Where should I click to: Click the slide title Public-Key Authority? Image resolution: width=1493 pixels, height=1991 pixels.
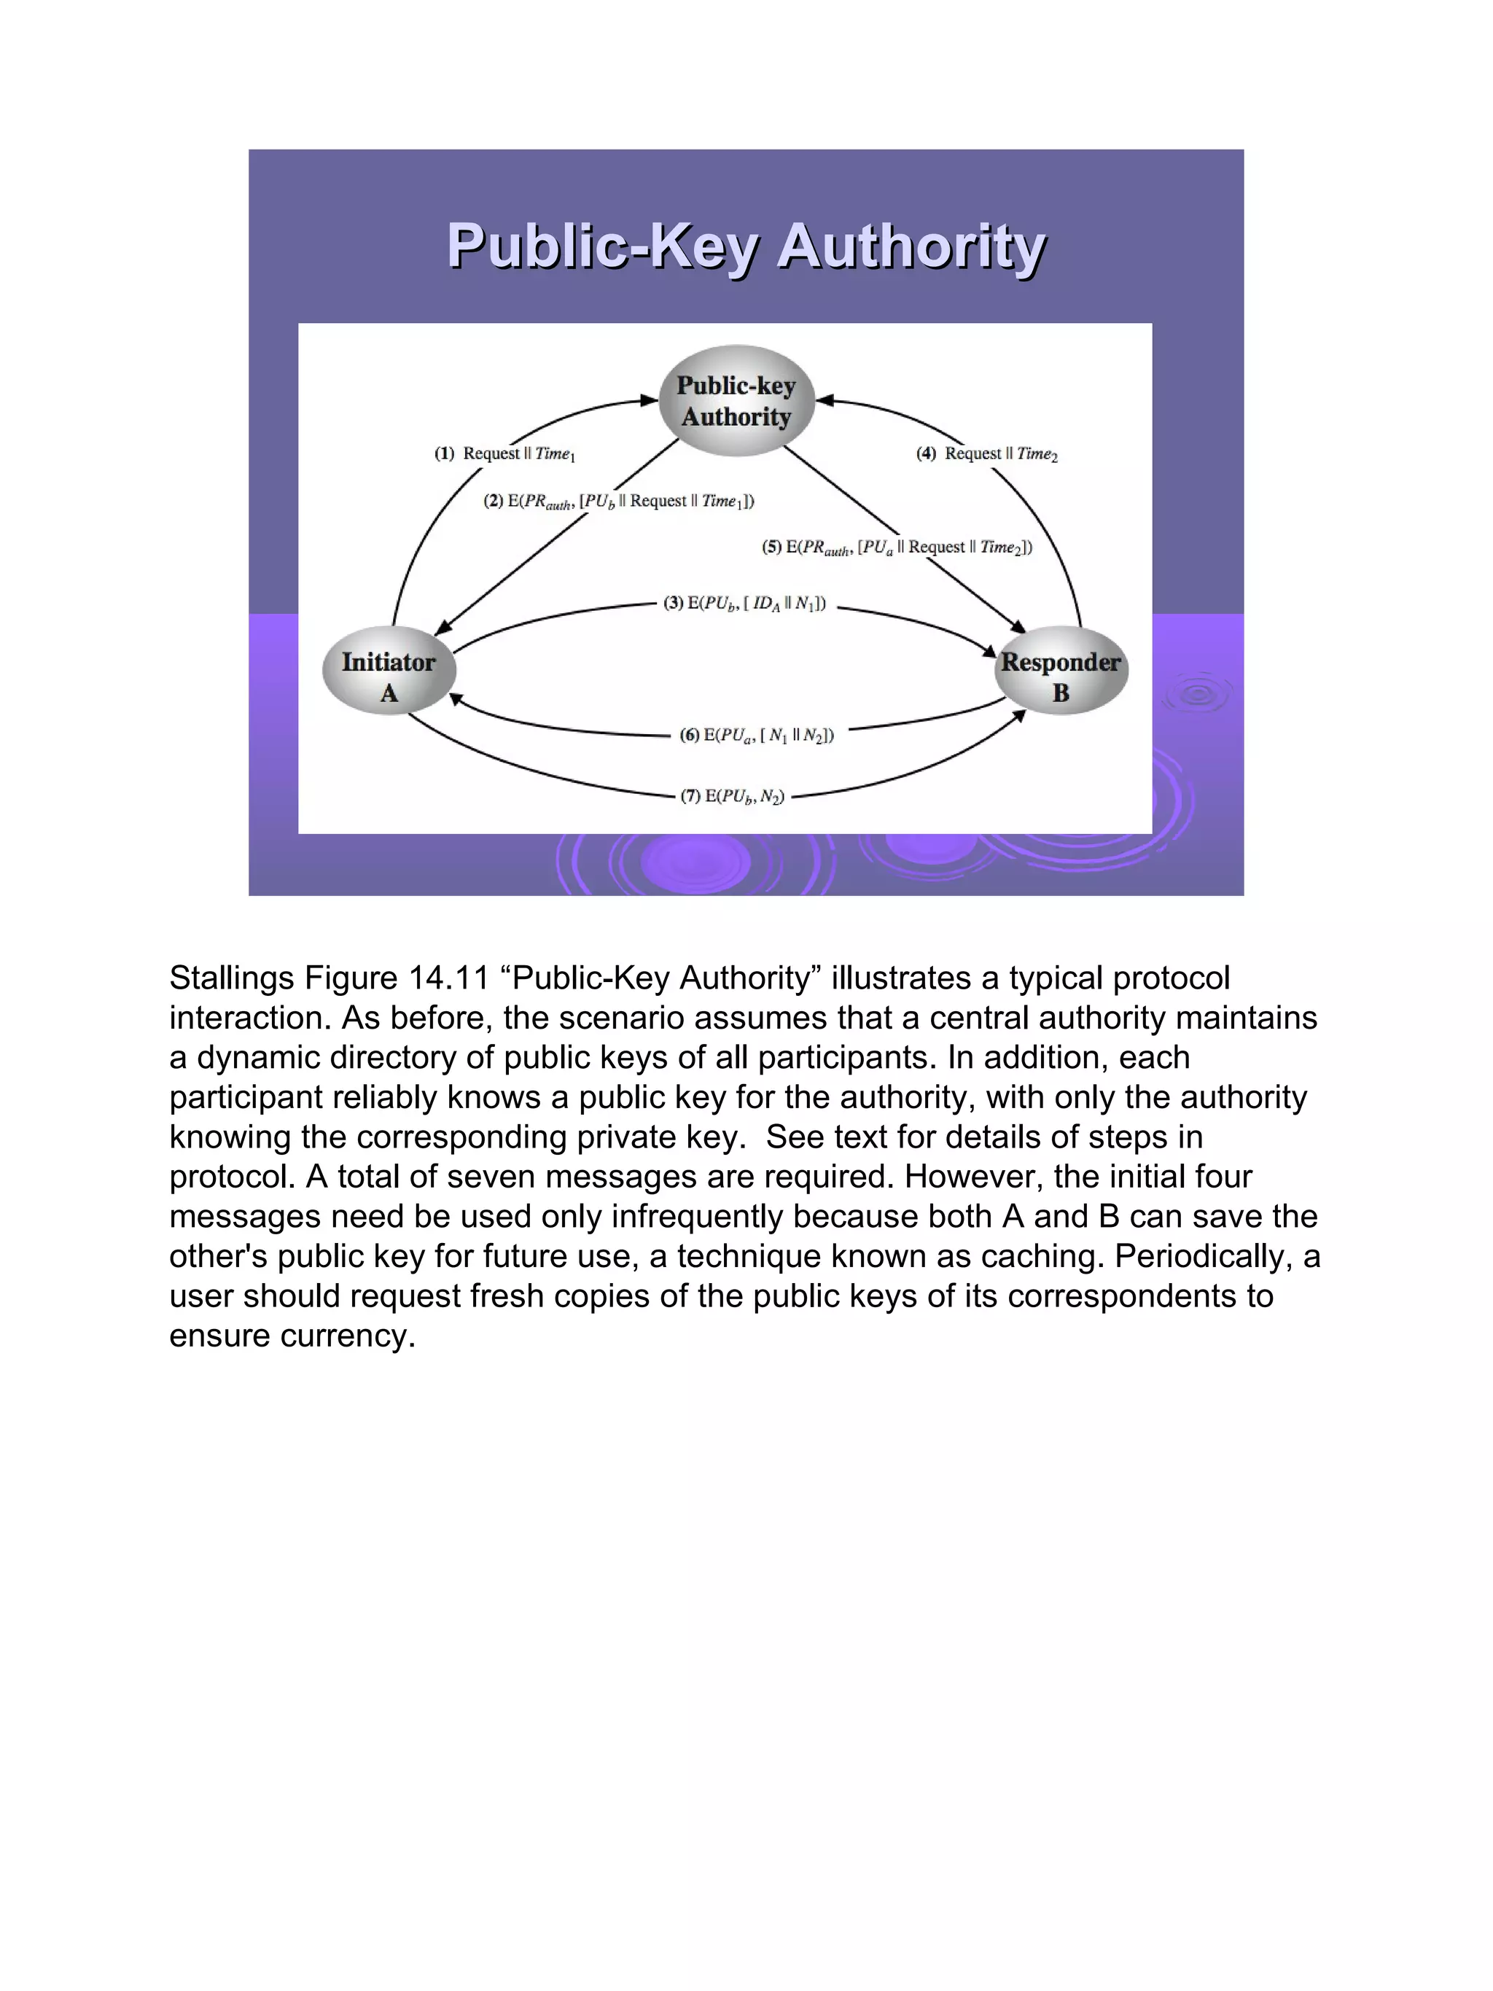746,246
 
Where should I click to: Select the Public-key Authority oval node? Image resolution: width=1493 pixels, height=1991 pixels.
736,400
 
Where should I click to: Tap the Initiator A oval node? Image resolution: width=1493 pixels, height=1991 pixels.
389,671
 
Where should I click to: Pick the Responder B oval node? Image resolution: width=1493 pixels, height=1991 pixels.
1061,671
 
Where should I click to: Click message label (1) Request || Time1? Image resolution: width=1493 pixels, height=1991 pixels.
505,453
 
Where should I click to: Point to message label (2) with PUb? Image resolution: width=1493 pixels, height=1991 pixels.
619,502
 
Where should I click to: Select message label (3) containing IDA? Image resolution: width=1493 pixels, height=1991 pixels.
744,603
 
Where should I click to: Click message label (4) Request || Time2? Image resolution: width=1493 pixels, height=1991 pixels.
987,453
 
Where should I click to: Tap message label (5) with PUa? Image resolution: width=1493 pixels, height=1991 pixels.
897,548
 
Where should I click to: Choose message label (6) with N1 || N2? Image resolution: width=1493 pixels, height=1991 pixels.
757,736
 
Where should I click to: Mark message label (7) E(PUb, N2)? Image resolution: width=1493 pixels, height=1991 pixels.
733,795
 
